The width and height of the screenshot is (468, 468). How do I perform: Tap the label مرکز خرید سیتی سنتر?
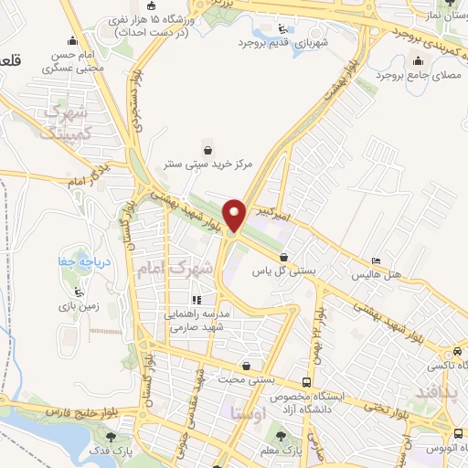(208, 165)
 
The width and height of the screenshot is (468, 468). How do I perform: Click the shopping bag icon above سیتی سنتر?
(208, 149)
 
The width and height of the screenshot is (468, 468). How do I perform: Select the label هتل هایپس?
(376, 273)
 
